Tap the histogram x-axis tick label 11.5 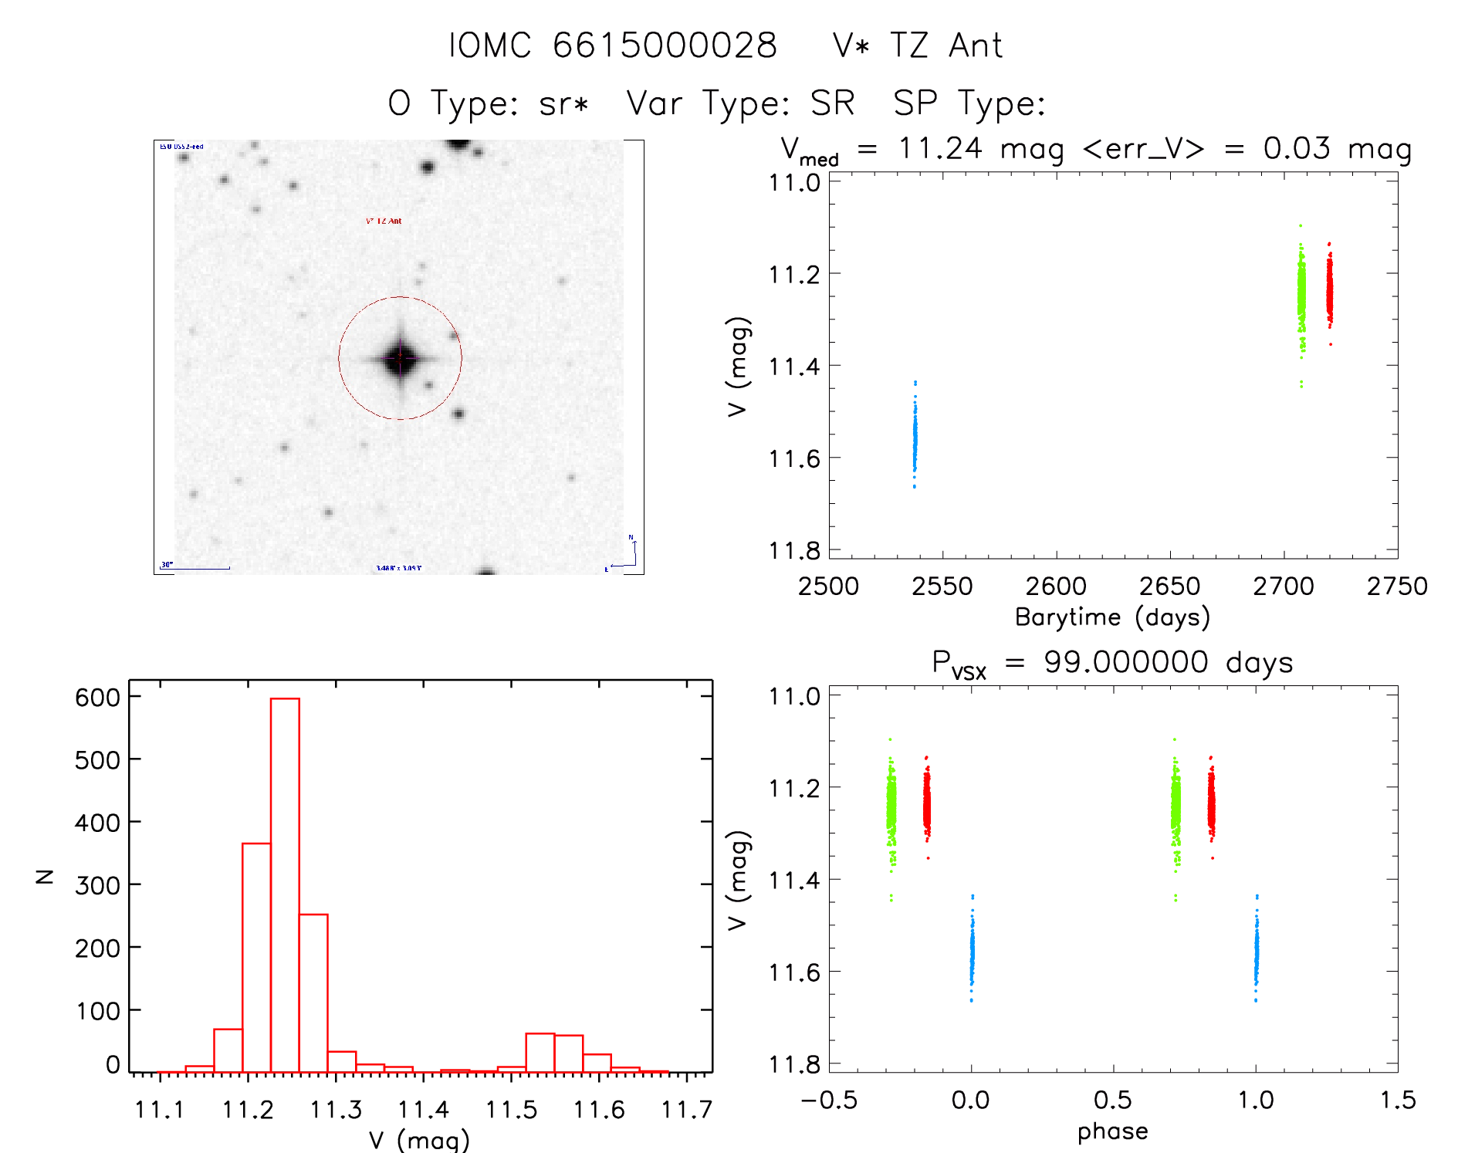(x=511, y=1110)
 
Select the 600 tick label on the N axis (x=97, y=698)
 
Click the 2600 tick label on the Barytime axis (x=1056, y=587)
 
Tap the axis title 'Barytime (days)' (x=1112, y=617)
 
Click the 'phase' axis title (x=1112, y=1131)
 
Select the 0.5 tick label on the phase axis (x=1113, y=1101)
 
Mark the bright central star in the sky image (x=400, y=358)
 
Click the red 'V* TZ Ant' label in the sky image (x=384, y=221)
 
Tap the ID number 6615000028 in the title (x=665, y=46)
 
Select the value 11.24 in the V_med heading (x=939, y=148)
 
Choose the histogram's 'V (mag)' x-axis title (x=419, y=1140)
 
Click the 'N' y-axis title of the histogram (x=45, y=876)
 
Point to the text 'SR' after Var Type (x=832, y=103)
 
